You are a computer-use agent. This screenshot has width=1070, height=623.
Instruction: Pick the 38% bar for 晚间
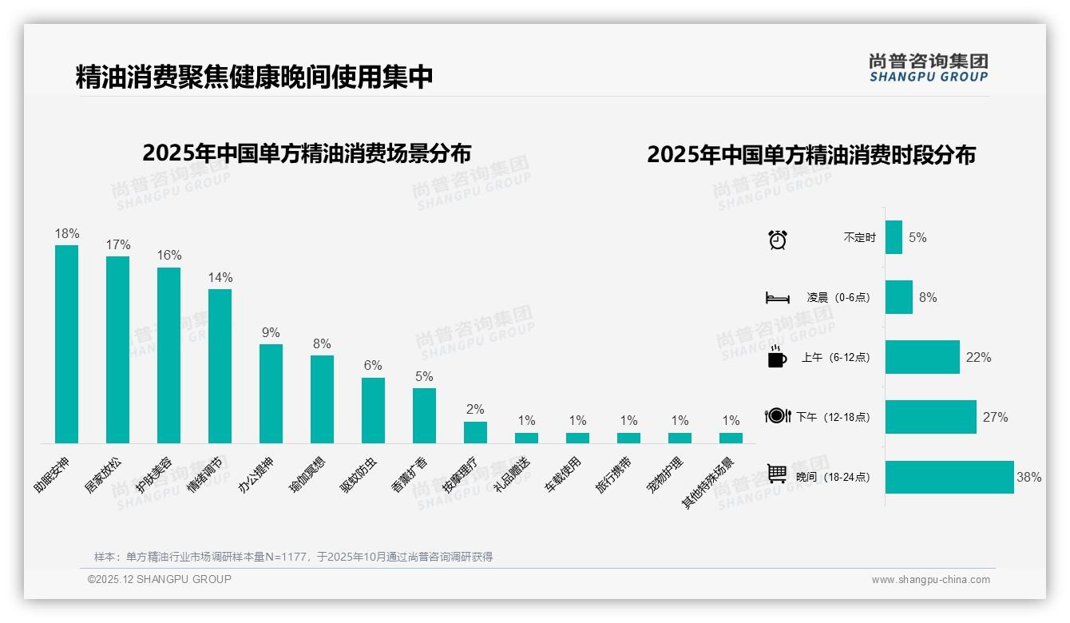(949, 477)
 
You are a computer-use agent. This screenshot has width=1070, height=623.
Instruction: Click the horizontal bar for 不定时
(894, 237)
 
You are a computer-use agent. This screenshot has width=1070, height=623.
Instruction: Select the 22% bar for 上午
(922, 357)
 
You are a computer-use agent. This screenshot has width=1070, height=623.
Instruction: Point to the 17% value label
(117, 244)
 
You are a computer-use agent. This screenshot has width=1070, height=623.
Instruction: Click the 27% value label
(995, 417)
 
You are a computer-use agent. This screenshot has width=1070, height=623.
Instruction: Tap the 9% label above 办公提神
(271, 332)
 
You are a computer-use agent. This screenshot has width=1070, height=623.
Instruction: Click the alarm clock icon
(777, 239)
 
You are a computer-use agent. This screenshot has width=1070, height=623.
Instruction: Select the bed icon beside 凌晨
(777, 298)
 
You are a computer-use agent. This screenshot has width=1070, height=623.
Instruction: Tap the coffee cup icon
(777, 357)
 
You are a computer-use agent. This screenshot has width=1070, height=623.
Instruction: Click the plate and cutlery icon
(777, 415)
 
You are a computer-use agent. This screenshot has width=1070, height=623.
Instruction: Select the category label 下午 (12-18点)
(833, 417)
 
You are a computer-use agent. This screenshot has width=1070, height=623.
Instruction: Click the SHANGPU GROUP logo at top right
(928, 68)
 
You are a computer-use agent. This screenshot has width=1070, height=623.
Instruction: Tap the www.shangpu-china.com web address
(930, 580)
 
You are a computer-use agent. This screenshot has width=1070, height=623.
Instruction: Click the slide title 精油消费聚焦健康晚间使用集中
(254, 77)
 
